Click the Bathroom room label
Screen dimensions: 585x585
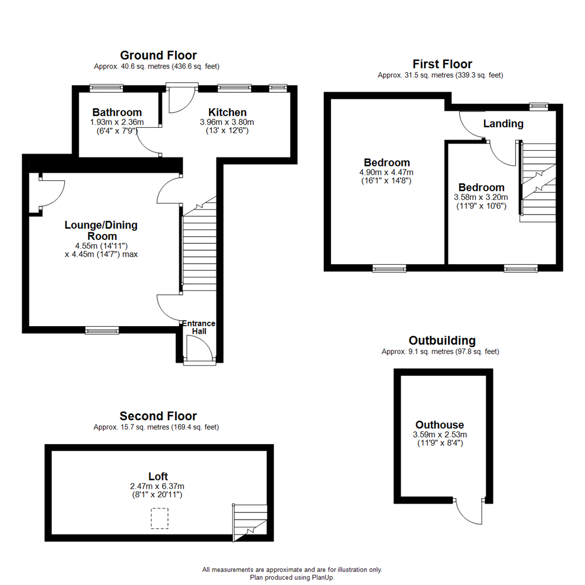point(117,113)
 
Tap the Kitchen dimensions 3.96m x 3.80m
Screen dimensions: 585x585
point(227,122)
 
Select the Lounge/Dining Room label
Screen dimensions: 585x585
point(101,230)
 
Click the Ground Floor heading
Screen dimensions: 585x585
point(158,55)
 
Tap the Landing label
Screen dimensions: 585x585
point(503,124)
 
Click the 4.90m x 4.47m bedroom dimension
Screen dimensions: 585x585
point(387,172)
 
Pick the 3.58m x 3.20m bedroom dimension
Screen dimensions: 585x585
point(482,198)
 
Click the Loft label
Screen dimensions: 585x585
point(158,477)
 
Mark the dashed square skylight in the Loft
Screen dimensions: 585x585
point(160,518)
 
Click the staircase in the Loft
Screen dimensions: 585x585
point(250,521)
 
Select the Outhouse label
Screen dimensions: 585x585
point(439,425)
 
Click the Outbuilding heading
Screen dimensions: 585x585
point(442,341)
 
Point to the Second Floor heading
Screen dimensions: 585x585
point(158,416)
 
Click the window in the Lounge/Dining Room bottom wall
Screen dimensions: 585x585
point(102,330)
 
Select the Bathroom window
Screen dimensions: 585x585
point(106,87)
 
